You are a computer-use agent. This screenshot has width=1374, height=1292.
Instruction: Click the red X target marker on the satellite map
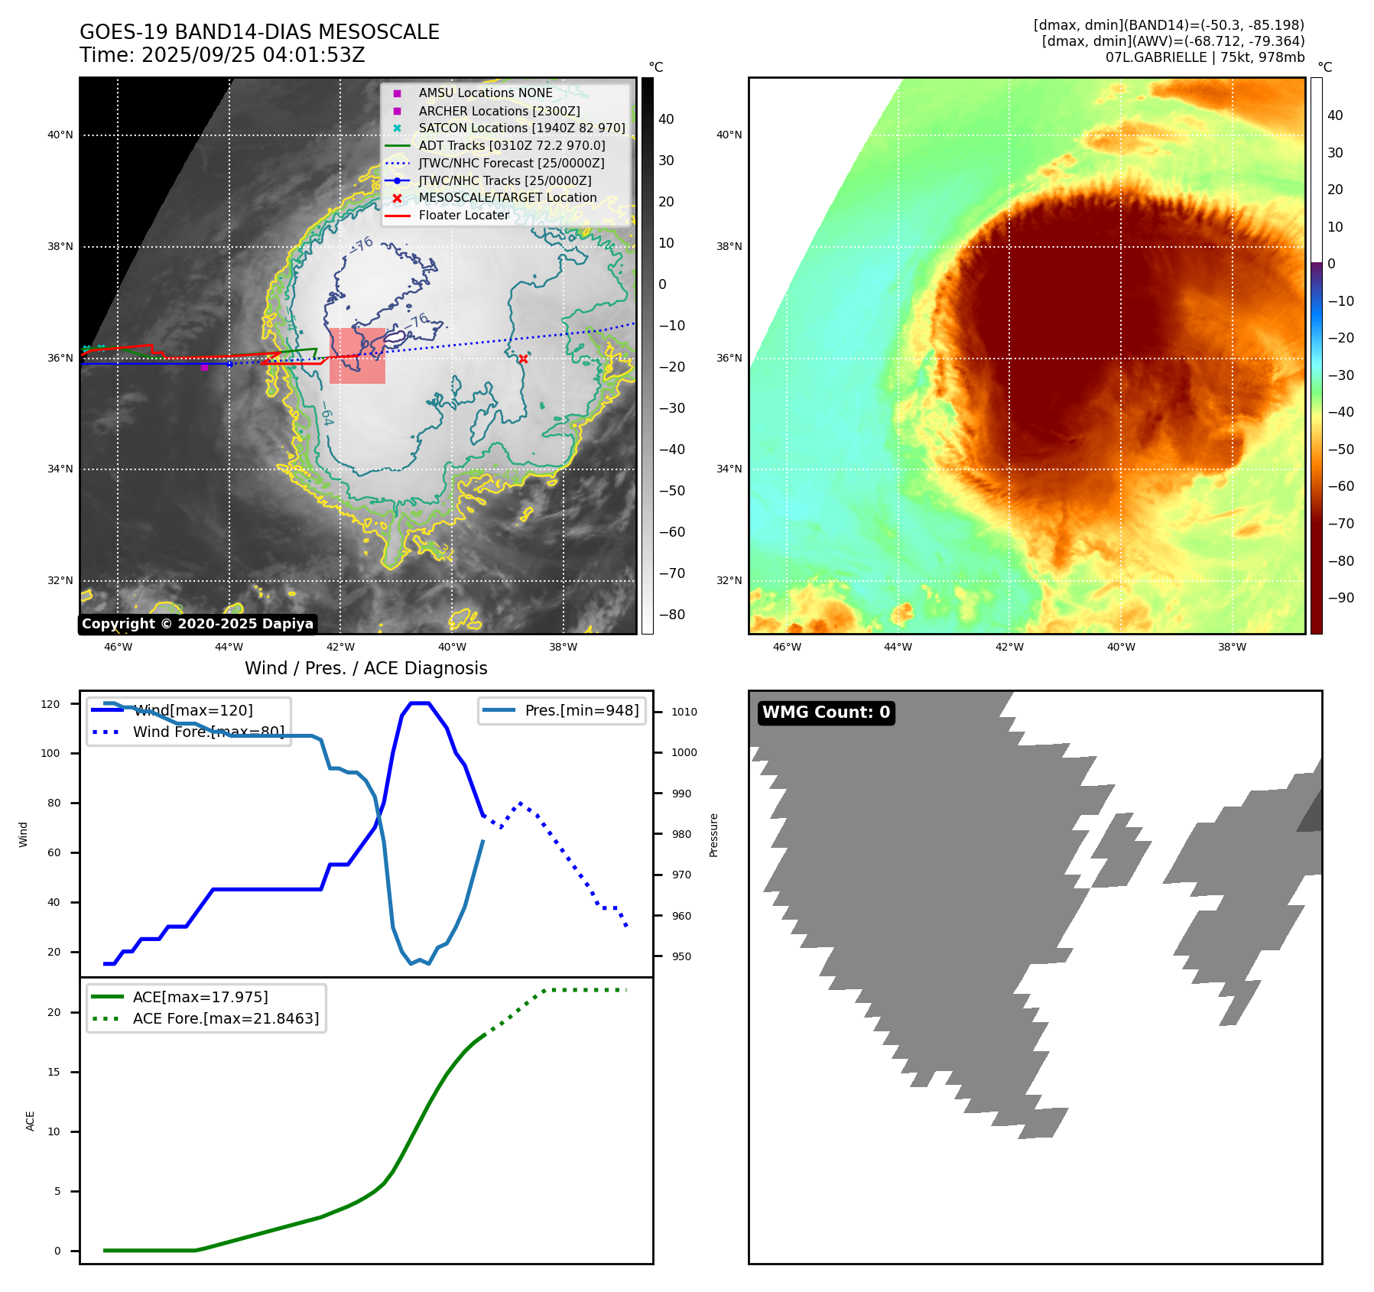[523, 359]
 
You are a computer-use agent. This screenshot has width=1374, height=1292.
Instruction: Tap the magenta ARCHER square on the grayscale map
[204, 368]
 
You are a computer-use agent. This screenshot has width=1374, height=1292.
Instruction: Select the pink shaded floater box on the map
[357, 356]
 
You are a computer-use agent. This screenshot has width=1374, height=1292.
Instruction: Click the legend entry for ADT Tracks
[512, 145]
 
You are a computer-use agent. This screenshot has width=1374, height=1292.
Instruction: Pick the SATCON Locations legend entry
[521, 128]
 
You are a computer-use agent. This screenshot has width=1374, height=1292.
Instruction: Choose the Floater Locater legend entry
[463, 215]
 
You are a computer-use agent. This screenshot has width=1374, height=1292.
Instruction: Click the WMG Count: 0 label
[826, 713]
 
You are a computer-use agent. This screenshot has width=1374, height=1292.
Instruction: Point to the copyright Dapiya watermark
[197, 624]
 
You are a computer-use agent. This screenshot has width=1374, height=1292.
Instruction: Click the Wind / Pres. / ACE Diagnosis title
[365, 668]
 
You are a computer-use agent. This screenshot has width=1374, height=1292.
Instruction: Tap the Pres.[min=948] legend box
[562, 710]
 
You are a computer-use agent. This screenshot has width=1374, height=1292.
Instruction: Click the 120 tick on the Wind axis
[50, 704]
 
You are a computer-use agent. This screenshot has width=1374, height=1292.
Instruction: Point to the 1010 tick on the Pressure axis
[684, 712]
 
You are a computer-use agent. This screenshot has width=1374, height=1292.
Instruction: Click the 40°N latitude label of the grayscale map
[60, 135]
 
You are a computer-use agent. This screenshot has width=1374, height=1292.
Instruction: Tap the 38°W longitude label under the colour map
[1232, 647]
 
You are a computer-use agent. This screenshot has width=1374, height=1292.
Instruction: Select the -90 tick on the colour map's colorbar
[1340, 598]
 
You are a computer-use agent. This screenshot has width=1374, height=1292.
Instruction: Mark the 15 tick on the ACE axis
[54, 1072]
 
